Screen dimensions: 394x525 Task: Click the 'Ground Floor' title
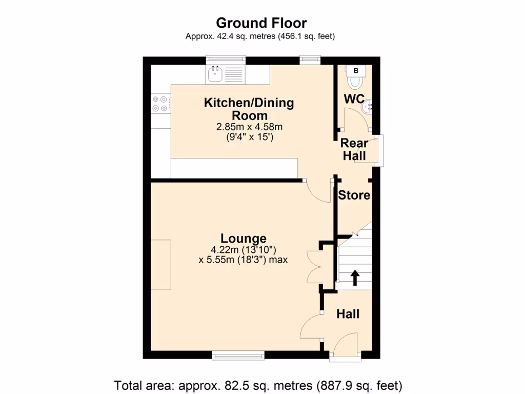[261, 23]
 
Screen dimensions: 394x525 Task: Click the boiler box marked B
[356, 70]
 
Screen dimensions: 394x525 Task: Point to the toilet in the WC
[355, 82]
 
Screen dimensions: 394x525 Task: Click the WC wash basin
[368, 108]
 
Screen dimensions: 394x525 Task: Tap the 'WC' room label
[354, 98]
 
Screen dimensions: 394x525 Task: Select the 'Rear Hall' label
[354, 149]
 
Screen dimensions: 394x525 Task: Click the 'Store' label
[354, 195]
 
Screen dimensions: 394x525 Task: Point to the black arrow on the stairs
[354, 278]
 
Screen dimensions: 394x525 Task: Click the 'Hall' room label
[348, 314]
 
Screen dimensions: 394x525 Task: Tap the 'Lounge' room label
[244, 239]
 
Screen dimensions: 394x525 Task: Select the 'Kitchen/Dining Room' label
[249, 109]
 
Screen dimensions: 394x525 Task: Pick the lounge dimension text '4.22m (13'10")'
[244, 250]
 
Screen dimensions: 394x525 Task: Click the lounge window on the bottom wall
[238, 354]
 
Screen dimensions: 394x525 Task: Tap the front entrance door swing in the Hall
[345, 344]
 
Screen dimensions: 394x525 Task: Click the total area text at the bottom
[258, 385]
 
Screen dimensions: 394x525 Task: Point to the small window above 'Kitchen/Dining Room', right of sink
[310, 60]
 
